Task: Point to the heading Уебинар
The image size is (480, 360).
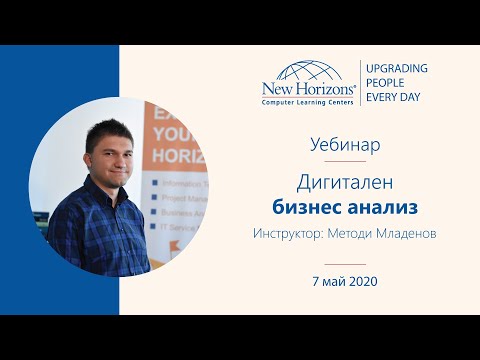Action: [x=345, y=144]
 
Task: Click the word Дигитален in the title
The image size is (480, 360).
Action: [x=345, y=183]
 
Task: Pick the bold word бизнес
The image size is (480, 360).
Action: [x=308, y=207]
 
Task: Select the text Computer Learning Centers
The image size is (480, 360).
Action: [x=306, y=101]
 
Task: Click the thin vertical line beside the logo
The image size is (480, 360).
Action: [x=361, y=83]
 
